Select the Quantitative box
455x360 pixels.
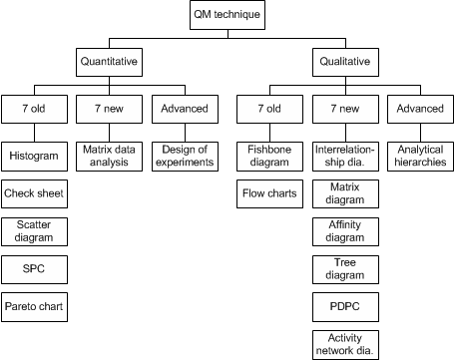pyautogui.click(x=108, y=61)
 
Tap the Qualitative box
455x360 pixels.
pyautogui.click(x=342, y=61)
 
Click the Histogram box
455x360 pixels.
pyautogui.click(x=33, y=156)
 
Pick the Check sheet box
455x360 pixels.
pyautogui.click(x=33, y=192)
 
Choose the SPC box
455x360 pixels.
pyautogui.click(x=33, y=270)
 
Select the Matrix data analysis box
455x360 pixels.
pyautogui.click(x=108, y=156)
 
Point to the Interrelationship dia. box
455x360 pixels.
pyautogui.click(x=342, y=156)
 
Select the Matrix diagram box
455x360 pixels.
pyautogui.click(x=342, y=192)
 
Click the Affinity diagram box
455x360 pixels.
pyautogui.click(x=342, y=231)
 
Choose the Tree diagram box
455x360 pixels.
pyautogui.click(x=342, y=268)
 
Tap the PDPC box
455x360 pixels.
pyautogui.click(x=342, y=305)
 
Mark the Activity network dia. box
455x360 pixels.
pyautogui.click(x=342, y=343)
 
